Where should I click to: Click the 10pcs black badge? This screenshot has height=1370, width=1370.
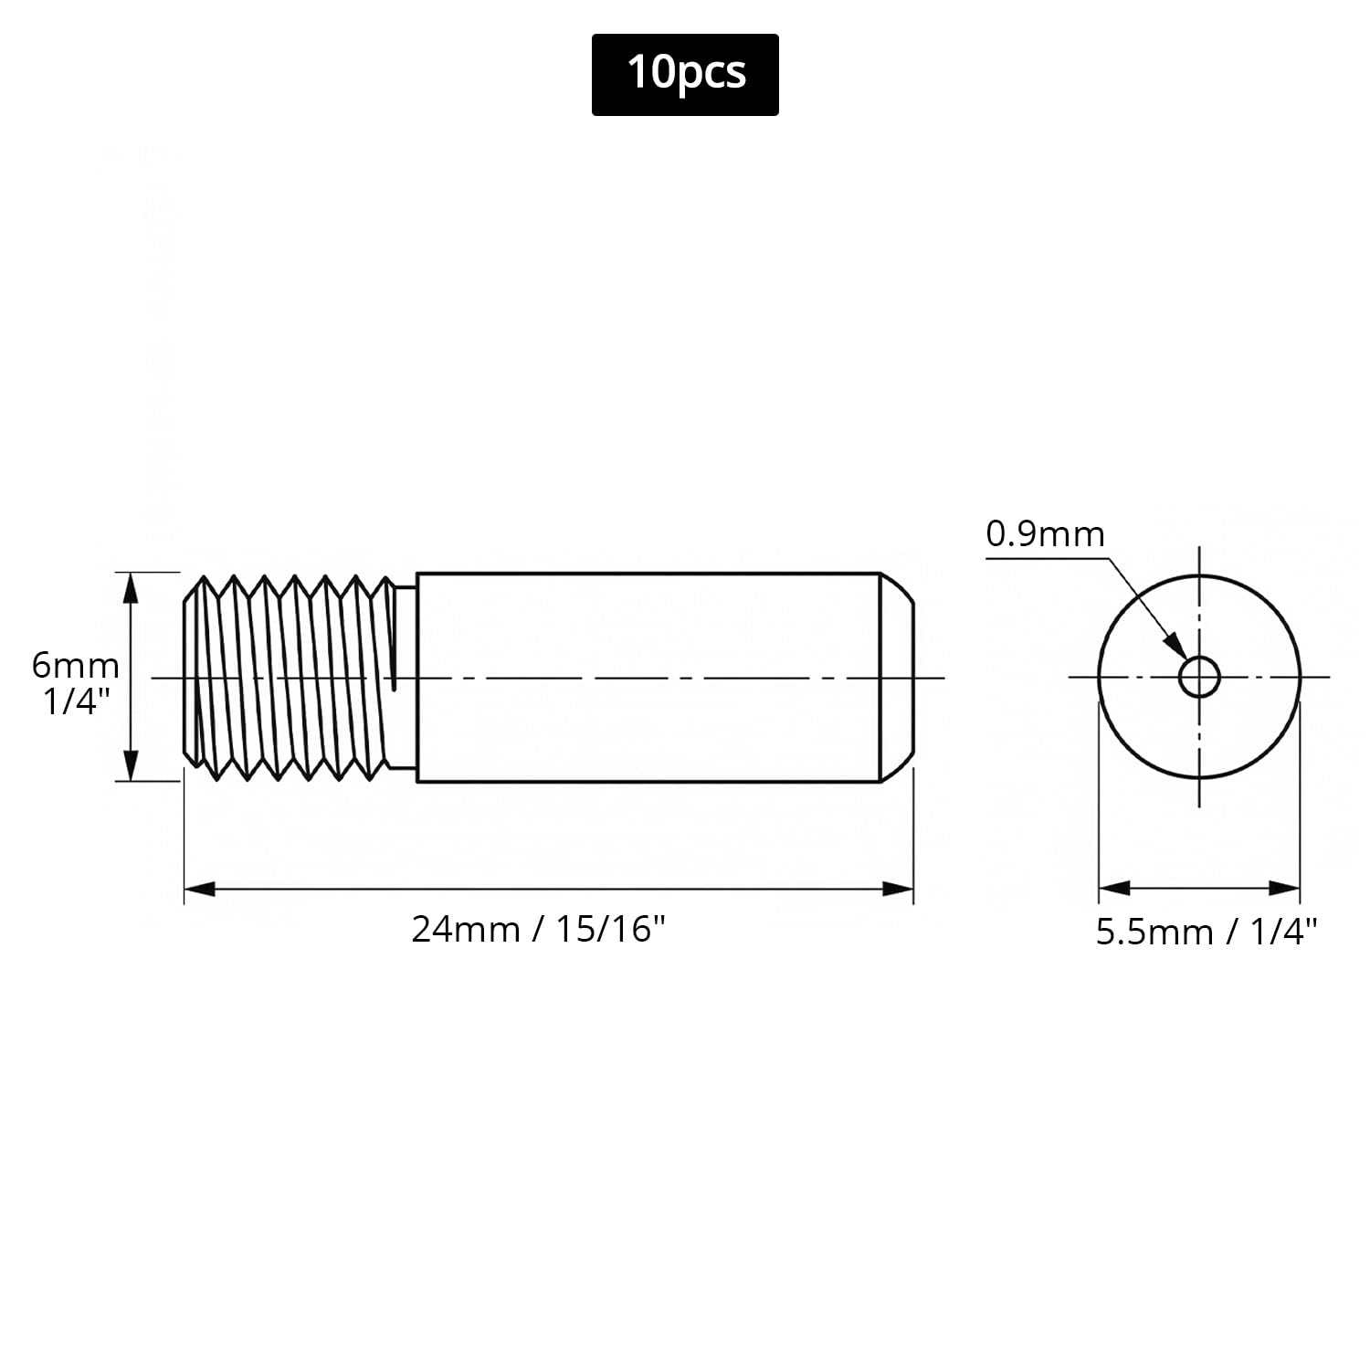(685, 75)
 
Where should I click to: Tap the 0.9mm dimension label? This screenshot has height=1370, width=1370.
(1045, 534)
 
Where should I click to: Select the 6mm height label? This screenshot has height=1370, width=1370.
(76, 665)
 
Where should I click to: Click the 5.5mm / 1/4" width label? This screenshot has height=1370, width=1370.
(1207, 932)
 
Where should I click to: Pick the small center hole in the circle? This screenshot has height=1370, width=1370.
(1199, 678)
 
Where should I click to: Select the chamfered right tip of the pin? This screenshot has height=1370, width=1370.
(896, 677)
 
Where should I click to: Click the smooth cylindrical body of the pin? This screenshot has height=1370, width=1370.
(648, 677)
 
